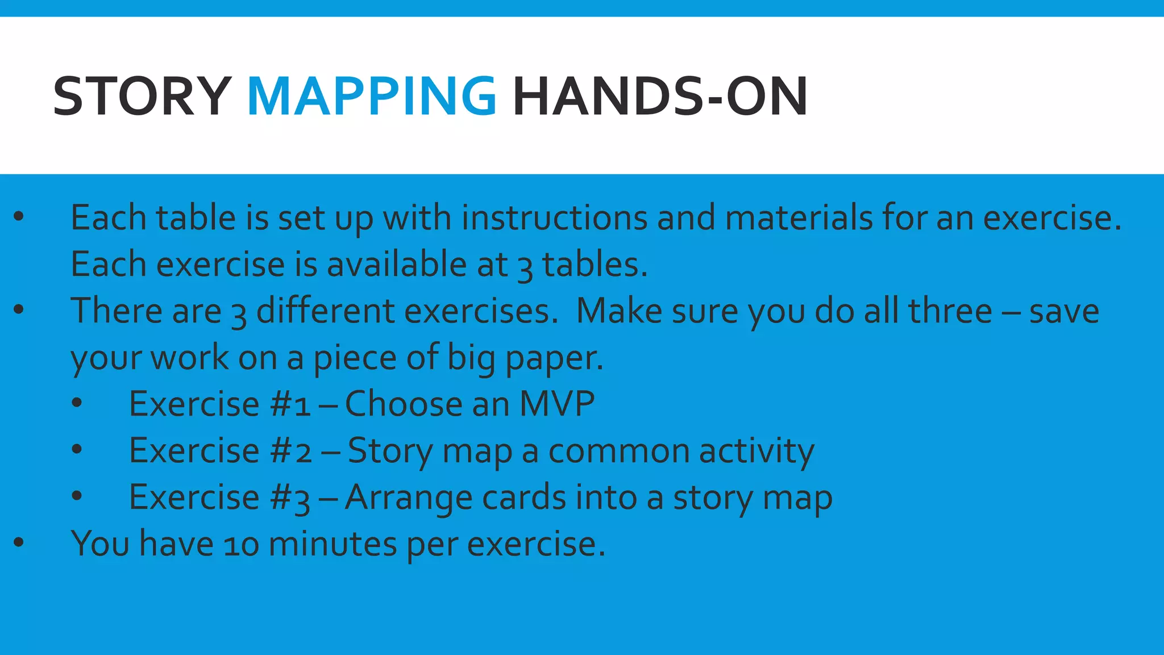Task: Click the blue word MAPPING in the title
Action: [372, 97]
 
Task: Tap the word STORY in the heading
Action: [142, 97]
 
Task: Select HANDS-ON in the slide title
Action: [660, 97]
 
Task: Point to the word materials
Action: [799, 218]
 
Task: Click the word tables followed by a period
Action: [594, 265]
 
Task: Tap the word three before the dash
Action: [950, 312]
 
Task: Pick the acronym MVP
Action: [557, 404]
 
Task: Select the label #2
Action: [291, 451]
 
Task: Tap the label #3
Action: [290, 498]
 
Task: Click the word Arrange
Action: [408, 498]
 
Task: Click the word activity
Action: [756, 451]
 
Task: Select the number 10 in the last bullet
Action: [241, 545]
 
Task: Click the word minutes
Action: [332, 544]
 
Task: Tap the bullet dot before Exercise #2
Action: [77, 450]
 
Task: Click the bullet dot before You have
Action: [19, 542]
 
